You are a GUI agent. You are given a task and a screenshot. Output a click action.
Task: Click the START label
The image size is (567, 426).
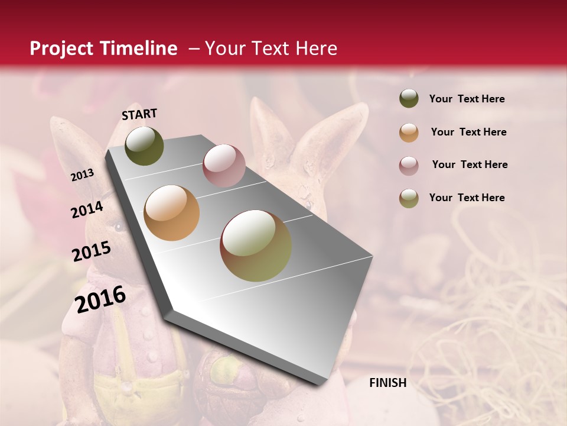point(139,114)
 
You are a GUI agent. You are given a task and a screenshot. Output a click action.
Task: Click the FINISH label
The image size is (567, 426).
point(387,383)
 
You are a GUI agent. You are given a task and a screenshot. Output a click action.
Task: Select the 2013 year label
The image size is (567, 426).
point(82,175)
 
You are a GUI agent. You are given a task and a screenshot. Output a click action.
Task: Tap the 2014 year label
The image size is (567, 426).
point(87,209)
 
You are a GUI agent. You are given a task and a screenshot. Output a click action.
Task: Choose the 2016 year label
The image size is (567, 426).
point(100,299)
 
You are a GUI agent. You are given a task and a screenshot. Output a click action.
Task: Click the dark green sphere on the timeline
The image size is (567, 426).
point(144,146)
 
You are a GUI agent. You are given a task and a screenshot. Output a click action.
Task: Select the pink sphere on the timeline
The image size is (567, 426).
point(224,166)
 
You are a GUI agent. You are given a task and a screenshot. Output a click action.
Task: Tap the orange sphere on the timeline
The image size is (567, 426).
point(172,213)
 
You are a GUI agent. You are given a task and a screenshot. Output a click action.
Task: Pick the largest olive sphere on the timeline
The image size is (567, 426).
point(256,246)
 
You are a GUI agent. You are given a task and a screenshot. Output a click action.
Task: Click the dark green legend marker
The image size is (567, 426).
point(409,98)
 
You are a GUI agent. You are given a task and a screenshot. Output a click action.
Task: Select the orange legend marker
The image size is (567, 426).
point(409,133)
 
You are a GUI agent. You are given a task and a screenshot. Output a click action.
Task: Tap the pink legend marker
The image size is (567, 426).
point(409,166)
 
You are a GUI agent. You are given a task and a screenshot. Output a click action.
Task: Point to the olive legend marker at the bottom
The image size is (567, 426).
point(409,198)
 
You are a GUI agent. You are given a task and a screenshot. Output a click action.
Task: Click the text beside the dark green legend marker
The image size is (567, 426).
point(467,99)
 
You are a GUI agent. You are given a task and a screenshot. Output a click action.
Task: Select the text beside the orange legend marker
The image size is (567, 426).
point(468,132)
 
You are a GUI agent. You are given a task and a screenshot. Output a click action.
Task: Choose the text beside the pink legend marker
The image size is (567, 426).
point(470,164)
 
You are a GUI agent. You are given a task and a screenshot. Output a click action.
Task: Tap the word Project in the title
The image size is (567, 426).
point(61,49)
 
